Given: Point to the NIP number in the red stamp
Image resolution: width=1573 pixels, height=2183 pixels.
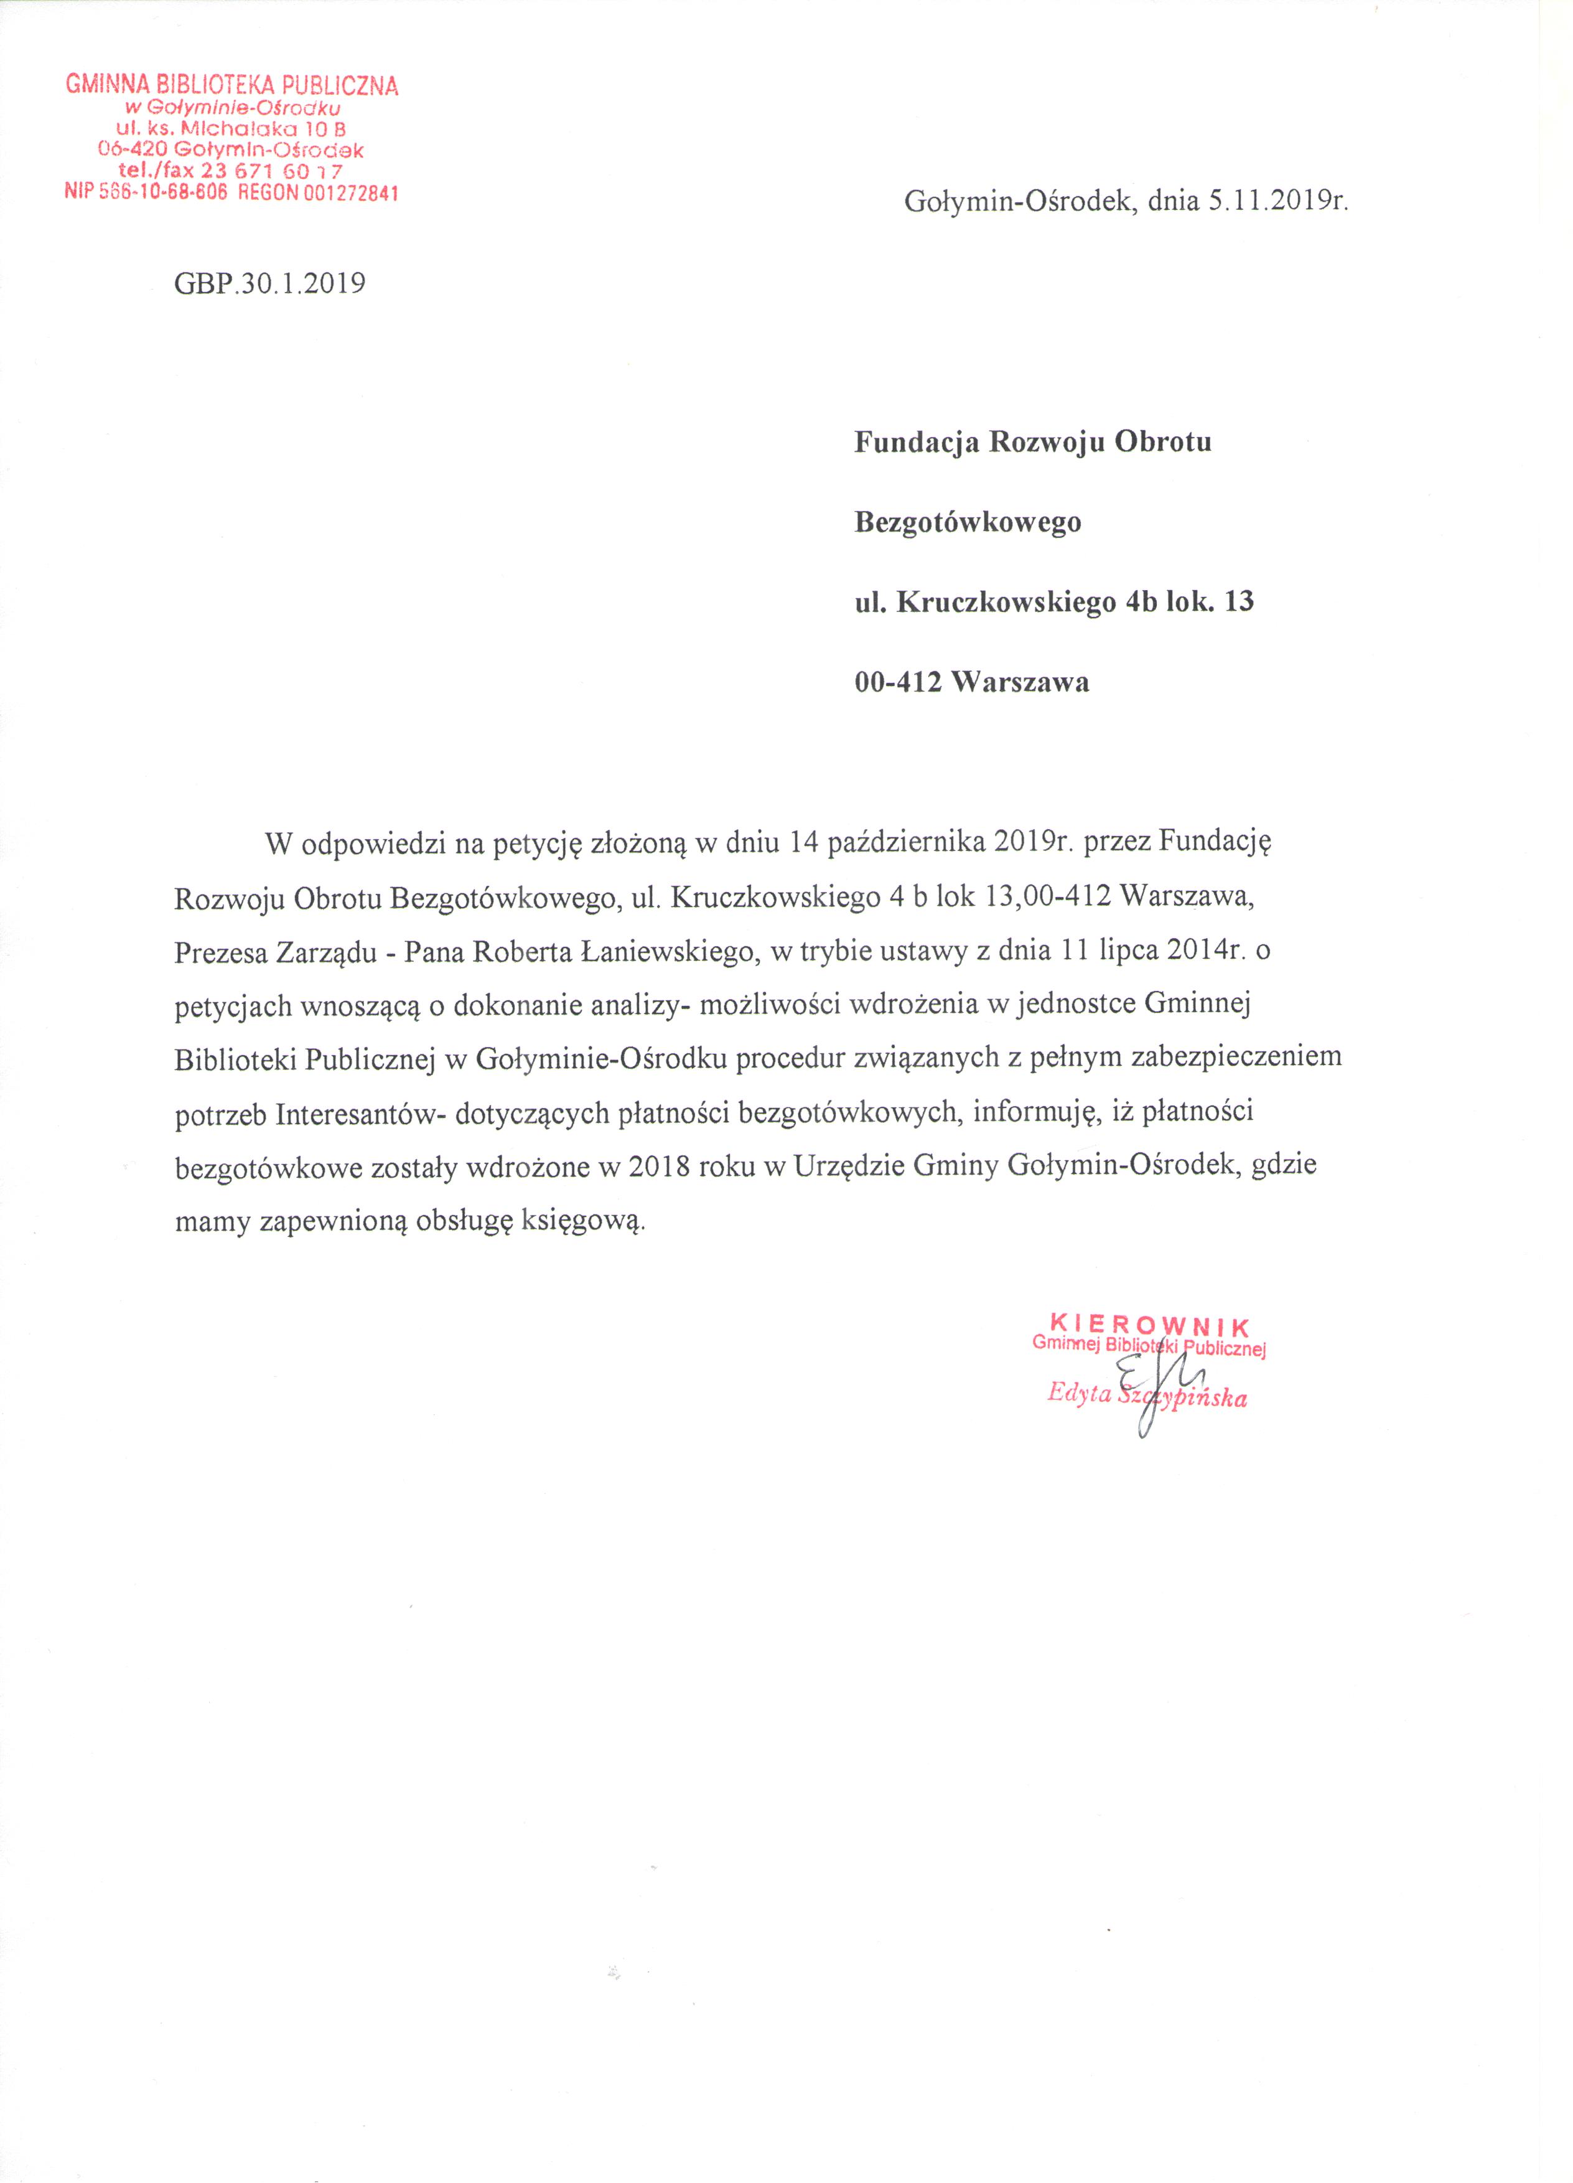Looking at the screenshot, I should point(145,192).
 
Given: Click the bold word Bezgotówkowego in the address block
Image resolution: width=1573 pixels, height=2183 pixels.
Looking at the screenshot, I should point(968,523).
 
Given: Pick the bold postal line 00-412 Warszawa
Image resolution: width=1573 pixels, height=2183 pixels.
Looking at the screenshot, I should point(972,682).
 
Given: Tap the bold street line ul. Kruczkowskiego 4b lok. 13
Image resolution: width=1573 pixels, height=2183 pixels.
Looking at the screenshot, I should point(1055,603).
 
